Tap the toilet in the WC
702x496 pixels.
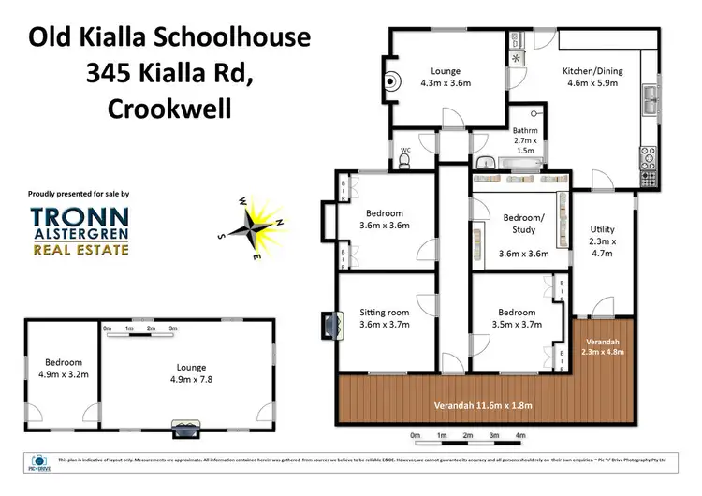404,161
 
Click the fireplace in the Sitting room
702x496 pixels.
326,323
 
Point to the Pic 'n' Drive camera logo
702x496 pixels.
38,461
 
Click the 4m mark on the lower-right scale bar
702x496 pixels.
519,436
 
